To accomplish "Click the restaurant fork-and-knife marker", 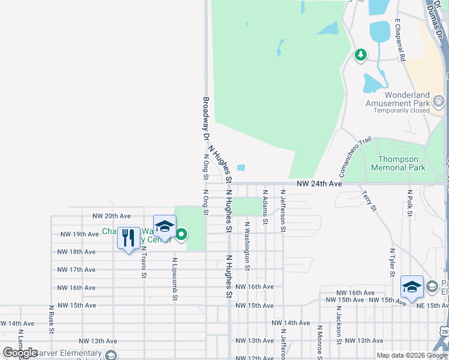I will point(128,238).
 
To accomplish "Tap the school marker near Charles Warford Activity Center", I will point(164,227).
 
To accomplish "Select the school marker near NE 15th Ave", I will point(412,287).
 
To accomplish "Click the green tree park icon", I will point(360,56).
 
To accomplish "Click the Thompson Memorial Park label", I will point(402,163).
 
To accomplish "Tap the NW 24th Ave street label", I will point(319,184).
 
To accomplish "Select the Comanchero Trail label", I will point(352,158).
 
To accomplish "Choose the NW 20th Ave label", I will point(111,216).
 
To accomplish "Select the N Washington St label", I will point(247,245).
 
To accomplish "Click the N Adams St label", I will point(265,207).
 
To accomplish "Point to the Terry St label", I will point(369,200).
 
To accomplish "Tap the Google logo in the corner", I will point(20,353).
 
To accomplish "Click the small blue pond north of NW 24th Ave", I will point(241,167).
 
